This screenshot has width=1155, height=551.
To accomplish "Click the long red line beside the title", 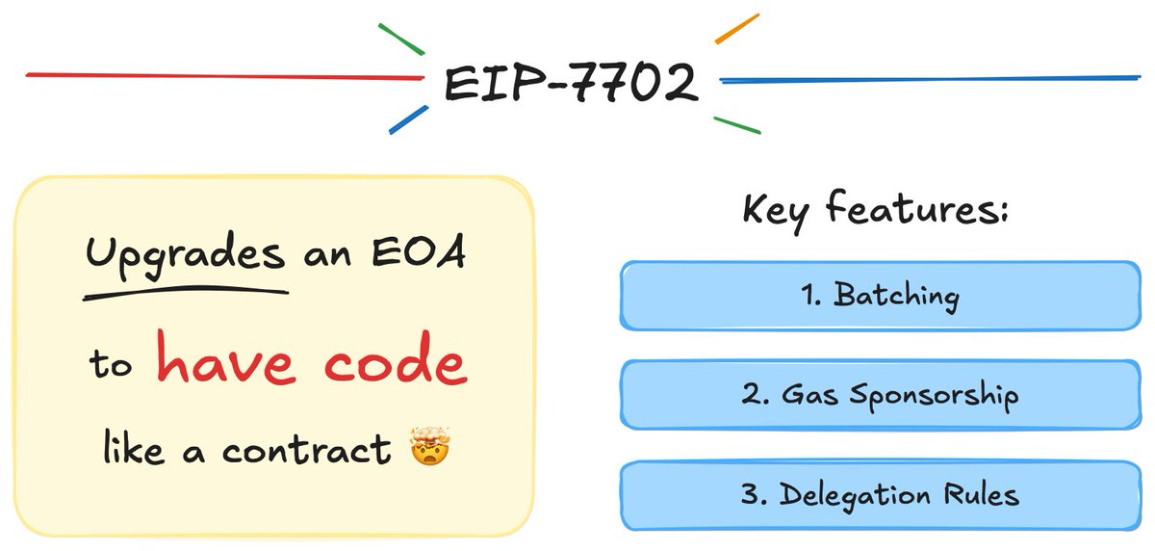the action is click(221, 75).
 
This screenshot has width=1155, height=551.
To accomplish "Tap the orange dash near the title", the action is click(737, 29).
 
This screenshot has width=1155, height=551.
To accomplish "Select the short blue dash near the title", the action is click(408, 119).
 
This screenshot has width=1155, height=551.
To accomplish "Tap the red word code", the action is click(395, 363).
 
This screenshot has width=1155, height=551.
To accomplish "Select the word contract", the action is click(307, 449).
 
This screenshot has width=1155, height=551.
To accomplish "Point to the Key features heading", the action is click(874, 209).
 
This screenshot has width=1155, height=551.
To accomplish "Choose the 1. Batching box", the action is click(880, 295).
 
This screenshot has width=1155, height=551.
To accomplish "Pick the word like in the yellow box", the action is click(134, 448).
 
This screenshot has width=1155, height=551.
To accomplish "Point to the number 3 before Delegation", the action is click(750, 495).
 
